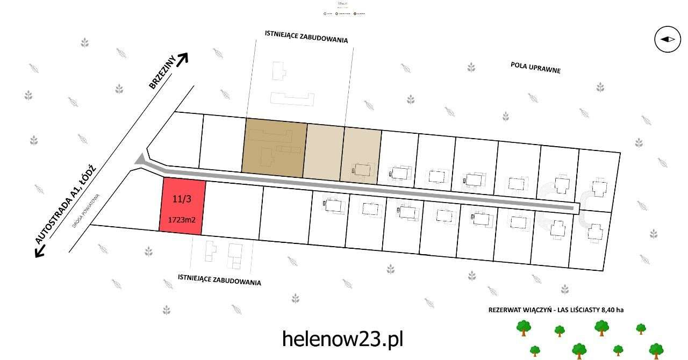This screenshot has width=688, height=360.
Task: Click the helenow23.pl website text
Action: pos(342,339)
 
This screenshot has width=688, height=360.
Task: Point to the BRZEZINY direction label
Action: pos(161,76)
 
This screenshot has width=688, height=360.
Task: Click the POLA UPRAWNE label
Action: pos(535,67)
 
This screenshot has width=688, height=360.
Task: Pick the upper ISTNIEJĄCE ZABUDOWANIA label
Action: pos(306,37)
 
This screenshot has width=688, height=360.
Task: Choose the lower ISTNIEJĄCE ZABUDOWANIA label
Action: pos(219,279)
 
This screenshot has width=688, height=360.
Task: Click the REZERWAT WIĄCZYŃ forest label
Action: pos(556,309)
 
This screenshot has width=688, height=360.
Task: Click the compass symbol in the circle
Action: pos(667,39)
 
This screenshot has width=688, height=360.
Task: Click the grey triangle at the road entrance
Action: pos(141,160)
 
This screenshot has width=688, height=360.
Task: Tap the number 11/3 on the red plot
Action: pos(181,199)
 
